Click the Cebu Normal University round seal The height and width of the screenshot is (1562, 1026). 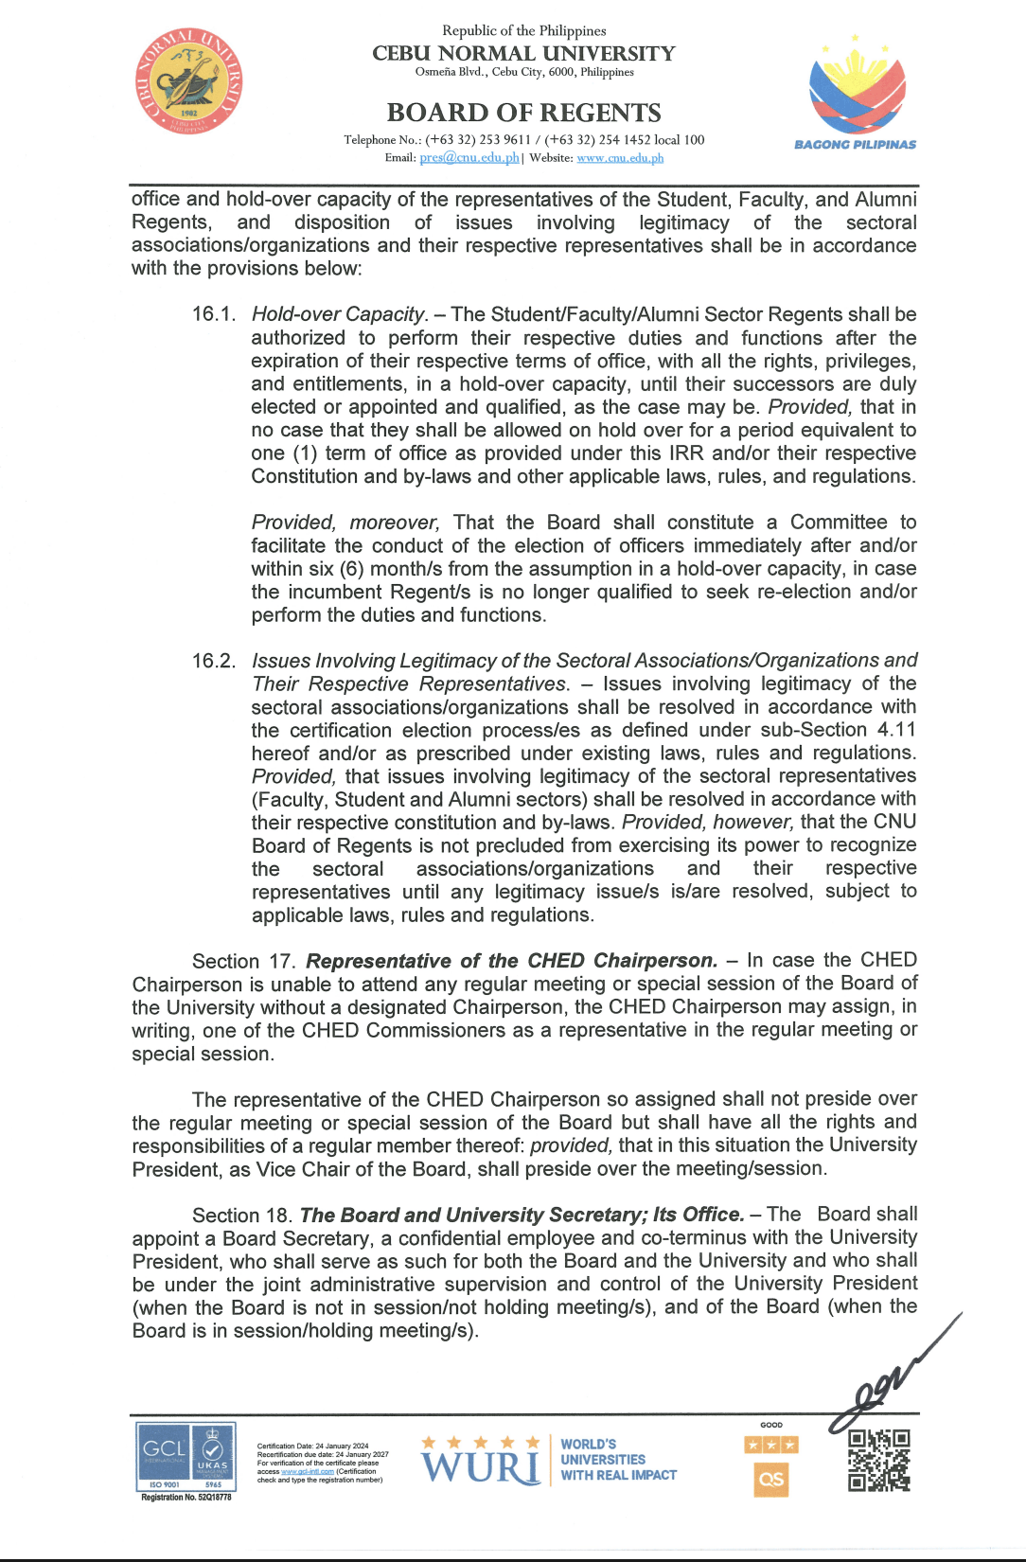(x=189, y=81)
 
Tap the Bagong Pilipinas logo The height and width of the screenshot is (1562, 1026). (x=856, y=95)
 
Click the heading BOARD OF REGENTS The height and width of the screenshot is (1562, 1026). (x=523, y=113)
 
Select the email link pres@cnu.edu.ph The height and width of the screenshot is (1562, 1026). (x=469, y=158)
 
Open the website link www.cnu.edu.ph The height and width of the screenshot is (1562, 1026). (x=620, y=158)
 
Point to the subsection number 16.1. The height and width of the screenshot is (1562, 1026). (x=214, y=314)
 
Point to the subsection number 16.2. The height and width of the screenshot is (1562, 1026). (x=214, y=661)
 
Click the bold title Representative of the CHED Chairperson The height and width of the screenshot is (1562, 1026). (x=511, y=961)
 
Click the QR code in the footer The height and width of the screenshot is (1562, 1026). (x=879, y=1460)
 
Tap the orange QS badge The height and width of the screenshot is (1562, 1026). (x=771, y=1479)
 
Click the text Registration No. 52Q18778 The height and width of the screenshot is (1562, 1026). (x=186, y=1498)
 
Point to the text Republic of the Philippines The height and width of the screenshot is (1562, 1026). (x=523, y=30)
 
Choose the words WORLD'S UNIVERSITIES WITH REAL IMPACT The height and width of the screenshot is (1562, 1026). (x=618, y=1460)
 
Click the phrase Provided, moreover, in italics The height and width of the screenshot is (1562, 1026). (x=345, y=523)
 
